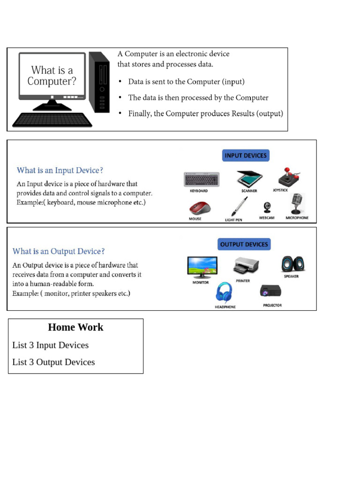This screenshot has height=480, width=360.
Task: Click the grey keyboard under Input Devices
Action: (x=202, y=179)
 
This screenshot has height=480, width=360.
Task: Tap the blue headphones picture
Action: (x=224, y=293)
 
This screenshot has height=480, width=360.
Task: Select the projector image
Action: (x=271, y=292)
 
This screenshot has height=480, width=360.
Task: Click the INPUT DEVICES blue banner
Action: (x=246, y=155)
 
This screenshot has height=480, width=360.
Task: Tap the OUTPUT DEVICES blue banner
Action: (x=244, y=244)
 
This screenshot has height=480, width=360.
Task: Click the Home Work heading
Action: (x=75, y=327)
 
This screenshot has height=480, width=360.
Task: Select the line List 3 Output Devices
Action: (x=53, y=362)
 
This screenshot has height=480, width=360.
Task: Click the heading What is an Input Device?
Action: (x=60, y=171)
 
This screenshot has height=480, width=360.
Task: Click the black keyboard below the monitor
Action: (x=52, y=120)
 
